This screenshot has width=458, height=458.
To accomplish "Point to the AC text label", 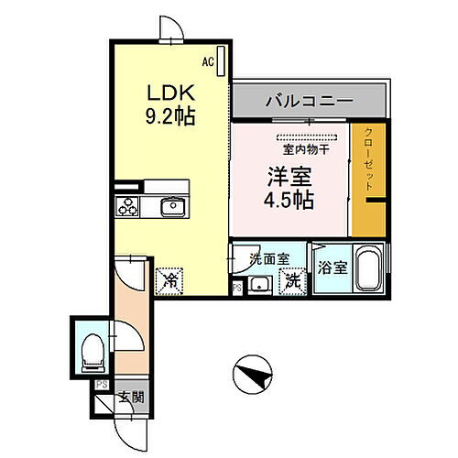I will click(208, 61).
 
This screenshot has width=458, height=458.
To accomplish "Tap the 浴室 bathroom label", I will click(332, 268).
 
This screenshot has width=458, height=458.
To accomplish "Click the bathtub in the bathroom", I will click(369, 269).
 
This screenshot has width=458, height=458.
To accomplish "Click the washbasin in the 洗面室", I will click(260, 283).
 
